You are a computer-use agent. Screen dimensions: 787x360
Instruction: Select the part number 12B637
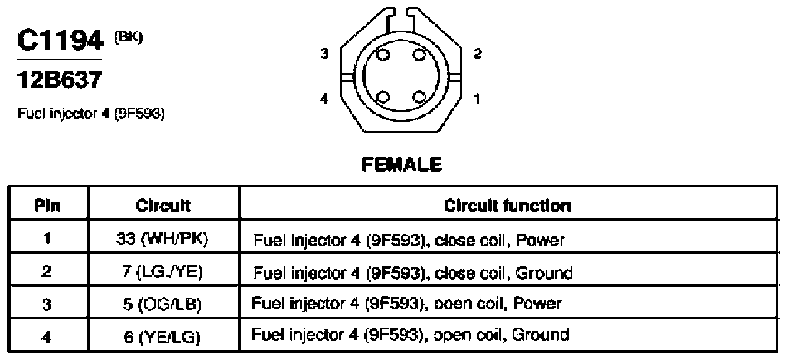(59, 80)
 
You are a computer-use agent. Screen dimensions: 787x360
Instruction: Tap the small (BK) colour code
(129, 37)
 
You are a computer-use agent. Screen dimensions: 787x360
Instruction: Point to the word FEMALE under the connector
(401, 164)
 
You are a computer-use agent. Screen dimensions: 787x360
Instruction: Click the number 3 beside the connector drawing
(324, 54)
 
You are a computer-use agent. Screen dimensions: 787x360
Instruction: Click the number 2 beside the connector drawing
(478, 54)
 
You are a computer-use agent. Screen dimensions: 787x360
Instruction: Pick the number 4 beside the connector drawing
(324, 99)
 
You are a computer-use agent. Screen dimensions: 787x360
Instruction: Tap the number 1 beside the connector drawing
(476, 99)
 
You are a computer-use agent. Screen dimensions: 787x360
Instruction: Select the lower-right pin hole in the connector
(419, 97)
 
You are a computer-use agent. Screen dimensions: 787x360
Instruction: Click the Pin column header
(47, 206)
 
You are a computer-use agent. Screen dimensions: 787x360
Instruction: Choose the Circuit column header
(163, 206)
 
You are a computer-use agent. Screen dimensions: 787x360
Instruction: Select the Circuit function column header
(507, 206)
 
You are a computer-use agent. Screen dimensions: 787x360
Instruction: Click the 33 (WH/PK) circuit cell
(162, 240)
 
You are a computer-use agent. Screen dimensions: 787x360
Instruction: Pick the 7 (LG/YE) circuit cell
(162, 271)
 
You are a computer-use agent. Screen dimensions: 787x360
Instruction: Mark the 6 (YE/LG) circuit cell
(162, 336)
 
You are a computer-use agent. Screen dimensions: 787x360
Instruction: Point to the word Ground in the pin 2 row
(543, 273)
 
